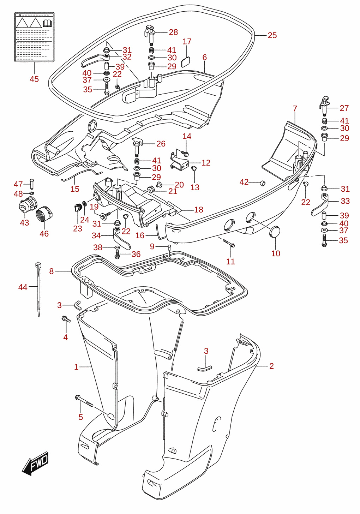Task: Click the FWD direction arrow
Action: (35, 464)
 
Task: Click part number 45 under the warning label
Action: (34, 79)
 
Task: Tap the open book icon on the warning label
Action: (47, 23)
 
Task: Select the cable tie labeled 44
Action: (38, 289)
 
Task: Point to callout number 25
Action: (272, 35)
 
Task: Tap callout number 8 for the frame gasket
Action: (52, 271)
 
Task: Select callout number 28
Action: (173, 32)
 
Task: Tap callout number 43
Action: (25, 222)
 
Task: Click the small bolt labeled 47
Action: (32, 184)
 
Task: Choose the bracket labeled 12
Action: (180, 161)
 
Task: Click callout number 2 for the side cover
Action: (271, 366)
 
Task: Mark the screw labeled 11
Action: (228, 243)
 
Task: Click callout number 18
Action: (199, 210)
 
